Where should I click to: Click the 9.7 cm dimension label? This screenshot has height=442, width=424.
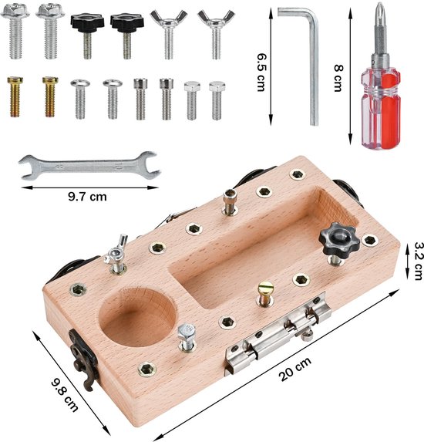point(87,196)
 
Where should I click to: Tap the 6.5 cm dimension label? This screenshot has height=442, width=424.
point(261,73)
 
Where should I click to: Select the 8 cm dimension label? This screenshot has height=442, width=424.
point(338,78)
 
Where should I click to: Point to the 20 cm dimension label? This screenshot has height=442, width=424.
point(295,369)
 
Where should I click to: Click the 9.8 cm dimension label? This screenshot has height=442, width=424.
point(65,395)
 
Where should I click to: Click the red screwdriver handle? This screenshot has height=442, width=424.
point(381,108)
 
